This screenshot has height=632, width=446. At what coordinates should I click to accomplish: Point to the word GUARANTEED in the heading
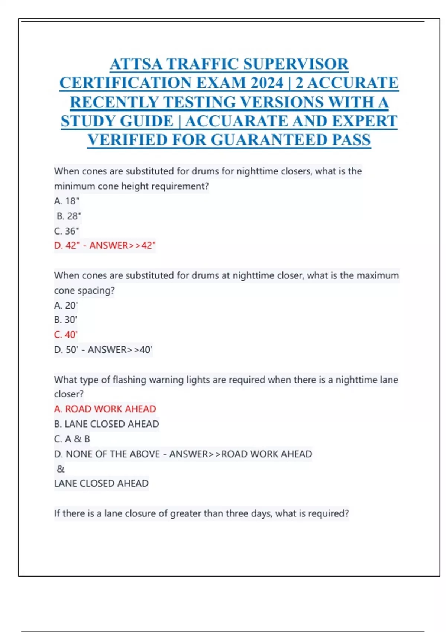pos(269,140)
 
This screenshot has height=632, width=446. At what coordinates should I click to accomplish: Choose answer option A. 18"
pos(67,201)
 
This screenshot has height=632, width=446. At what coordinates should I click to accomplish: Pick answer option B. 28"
pos(69,216)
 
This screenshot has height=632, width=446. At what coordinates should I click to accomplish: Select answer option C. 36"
pos(67,231)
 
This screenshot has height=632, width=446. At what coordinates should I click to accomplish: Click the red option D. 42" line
pos(105,246)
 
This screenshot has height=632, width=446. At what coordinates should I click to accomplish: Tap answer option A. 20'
pos(66,305)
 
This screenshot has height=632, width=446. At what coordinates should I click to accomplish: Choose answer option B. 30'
pos(66,320)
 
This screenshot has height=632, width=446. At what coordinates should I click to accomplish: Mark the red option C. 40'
pos(66,335)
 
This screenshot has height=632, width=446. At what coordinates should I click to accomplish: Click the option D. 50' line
pos(103,350)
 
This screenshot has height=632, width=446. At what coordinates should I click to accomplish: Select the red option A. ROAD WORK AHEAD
pos(105,409)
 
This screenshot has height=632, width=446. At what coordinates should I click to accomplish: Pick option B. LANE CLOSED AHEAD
pos(106,424)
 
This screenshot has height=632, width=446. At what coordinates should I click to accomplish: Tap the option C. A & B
pos(72,439)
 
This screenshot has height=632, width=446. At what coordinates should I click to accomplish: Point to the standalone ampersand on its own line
pos(61,469)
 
